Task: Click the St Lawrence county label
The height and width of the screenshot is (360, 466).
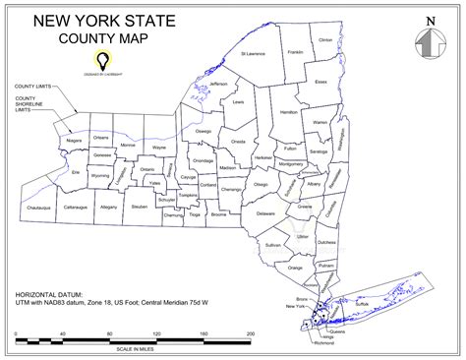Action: [x=254, y=68]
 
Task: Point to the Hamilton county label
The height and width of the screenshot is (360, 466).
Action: [x=289, y=113]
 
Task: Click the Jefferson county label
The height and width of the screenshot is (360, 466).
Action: [x=217, y=85]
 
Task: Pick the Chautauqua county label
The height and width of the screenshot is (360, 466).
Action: [x=38, y=209]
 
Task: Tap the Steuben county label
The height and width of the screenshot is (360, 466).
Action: [x=139, y=207]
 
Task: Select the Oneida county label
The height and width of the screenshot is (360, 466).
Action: [x=238, y=142]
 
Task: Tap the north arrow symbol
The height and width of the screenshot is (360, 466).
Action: [x=429, y=44]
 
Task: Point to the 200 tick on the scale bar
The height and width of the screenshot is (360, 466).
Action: [x=251, y=335]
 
